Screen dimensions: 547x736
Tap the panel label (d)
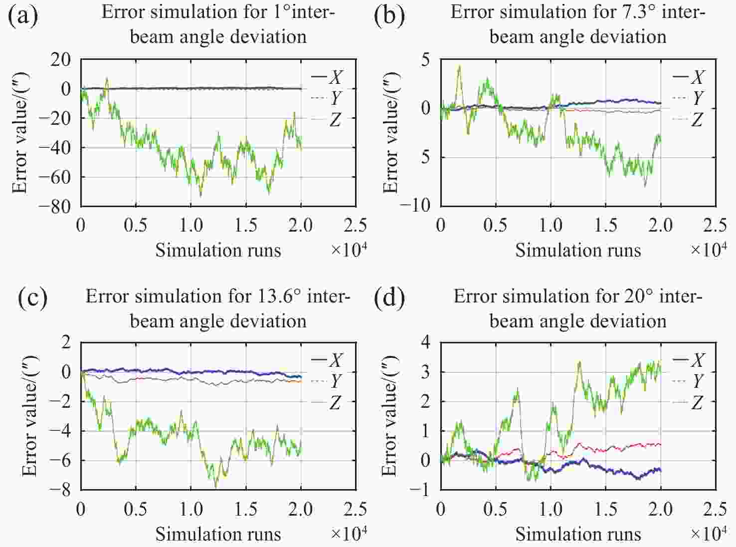click(389, 298)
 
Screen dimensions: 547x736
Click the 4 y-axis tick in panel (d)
click(425, 343)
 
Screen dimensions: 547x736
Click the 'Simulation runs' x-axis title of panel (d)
click(578, 534)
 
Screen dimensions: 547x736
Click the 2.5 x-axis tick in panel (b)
click(715, 226)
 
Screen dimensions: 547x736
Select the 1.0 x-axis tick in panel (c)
click(191, 510)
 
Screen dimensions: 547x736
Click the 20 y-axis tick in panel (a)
click(61, 59)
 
